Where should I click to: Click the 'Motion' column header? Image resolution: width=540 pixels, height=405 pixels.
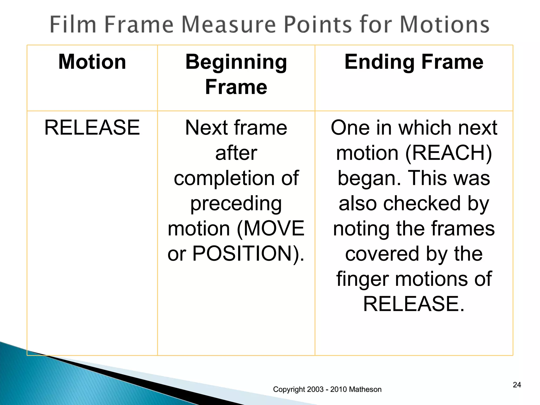92,62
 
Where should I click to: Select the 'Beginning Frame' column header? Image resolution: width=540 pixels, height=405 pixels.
236,74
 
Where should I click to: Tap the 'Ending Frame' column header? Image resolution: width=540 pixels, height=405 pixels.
414,62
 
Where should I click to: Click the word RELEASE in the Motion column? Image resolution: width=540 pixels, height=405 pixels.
92,128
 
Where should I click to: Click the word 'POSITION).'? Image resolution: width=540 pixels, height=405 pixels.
248,254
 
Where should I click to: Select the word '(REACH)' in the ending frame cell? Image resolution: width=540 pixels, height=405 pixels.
448,153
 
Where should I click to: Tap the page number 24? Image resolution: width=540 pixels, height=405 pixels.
517,385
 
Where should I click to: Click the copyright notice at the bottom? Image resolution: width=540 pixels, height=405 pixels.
327,389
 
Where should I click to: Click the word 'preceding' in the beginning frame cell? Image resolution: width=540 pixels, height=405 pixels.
236,204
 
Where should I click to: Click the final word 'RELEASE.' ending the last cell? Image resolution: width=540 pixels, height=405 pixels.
414,304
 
